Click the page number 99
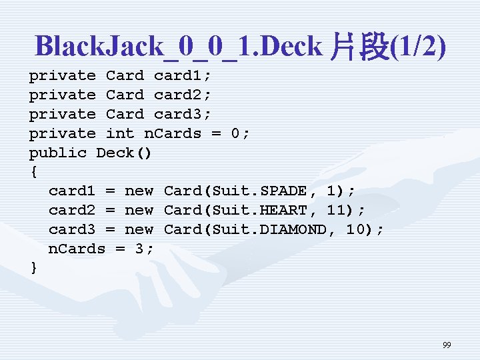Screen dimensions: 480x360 click(447, 345)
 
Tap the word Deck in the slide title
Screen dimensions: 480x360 click(291, 47)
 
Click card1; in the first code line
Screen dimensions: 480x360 click(182, 76)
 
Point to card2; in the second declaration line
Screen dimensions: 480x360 click(182, 95)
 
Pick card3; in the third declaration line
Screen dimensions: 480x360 click(182, 115)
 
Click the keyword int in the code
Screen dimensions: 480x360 click(120, 133)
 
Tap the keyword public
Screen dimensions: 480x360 click(58, 153)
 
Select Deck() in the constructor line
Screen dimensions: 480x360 click(125, 153)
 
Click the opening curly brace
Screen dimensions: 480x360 click(33, 172)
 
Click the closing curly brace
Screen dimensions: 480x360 click(33, 268)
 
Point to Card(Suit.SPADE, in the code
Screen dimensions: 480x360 click(235, 191)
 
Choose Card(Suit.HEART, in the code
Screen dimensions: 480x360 click(235, 211)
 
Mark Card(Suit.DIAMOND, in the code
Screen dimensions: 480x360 click(245, 230)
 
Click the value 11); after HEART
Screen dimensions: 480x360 click(341, 211)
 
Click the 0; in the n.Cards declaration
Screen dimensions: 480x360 click(240, 133)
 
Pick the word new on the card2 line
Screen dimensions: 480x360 click(139, 211)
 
